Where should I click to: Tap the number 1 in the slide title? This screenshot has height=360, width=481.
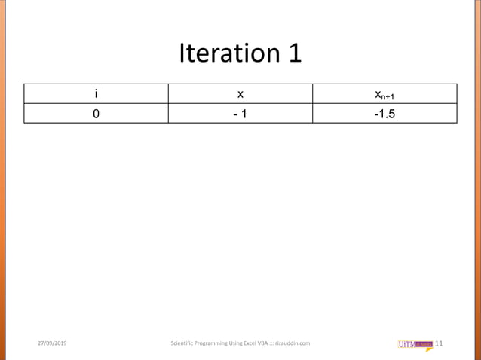(x=293, y=53)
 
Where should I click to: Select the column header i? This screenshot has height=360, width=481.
(x=96, y=94)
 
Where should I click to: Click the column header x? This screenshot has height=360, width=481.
(x=240, y=94)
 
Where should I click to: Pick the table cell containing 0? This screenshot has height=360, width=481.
(x=96, y=114)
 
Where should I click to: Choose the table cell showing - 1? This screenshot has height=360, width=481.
(x=240, y=114)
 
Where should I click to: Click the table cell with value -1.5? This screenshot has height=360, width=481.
(x=384, y=114)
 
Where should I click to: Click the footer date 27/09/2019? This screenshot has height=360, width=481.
(x=52, y=344)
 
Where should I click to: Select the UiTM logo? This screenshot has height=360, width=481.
(x=415, y=344)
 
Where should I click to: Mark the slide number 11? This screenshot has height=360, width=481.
(x=440, y=344)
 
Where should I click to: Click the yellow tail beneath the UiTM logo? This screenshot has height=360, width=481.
(x=428, y=350)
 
